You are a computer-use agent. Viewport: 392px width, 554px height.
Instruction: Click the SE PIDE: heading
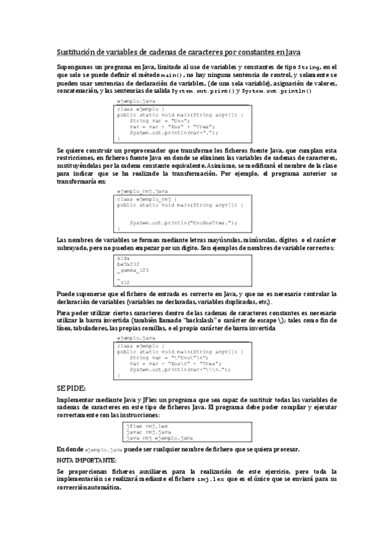(x=72, y=387)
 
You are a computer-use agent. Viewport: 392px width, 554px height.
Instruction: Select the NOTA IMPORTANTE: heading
(x=86, y=460)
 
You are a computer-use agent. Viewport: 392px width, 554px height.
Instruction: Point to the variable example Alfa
(x=123, y=259)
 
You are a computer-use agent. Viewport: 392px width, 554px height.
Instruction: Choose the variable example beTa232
(x=128, y=265)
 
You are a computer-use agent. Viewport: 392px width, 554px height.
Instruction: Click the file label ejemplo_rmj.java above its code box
(x=142, y=190)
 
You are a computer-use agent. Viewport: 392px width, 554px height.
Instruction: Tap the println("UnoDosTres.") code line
(x=183, y=222)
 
